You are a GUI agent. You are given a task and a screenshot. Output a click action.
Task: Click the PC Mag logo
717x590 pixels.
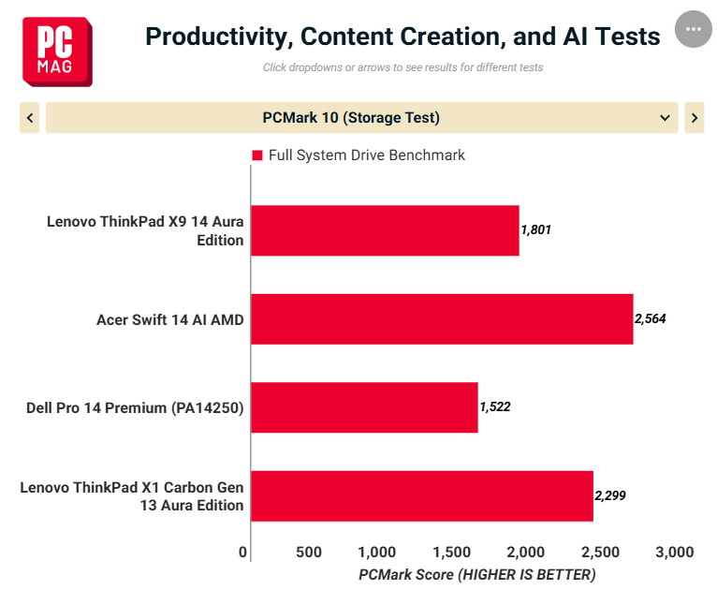click(x=57, y=52)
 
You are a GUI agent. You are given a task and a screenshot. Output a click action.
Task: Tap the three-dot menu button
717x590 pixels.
click(x=694, y=29)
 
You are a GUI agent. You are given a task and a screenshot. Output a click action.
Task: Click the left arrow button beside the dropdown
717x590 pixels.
click(x=30, y=118)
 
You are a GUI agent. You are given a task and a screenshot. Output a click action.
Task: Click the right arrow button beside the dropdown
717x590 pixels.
click(x=695, y=118)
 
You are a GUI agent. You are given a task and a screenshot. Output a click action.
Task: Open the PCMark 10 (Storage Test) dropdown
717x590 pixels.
click(x=361, y=118)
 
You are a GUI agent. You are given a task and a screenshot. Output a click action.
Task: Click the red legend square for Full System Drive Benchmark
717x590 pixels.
click(x=257, y=155)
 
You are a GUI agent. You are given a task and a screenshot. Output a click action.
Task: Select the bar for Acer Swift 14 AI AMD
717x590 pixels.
click(x=442, y=319)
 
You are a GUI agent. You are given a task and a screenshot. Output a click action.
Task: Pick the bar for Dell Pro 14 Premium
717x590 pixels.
click(x=364, y=407)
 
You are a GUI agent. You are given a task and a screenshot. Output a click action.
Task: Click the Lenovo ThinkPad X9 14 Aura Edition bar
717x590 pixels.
click(x=385, y=230)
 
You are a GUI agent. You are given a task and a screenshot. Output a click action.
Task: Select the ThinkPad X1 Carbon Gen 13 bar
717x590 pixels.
click(x=422, y=496)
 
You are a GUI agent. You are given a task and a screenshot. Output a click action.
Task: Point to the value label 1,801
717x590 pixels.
click(x=536, y=229)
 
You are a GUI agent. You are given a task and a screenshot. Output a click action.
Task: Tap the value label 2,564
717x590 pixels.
click(x=651, y=318)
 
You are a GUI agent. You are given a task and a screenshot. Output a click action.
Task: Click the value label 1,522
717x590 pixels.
click(x=495, y=406)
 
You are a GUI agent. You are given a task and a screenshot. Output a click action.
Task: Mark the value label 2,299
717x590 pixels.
click(x=610, y=495)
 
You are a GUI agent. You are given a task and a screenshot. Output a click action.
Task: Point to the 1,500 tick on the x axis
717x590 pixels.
click(x=452, y=552)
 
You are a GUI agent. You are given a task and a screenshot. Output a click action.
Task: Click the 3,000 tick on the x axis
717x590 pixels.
click(x=675, y=552)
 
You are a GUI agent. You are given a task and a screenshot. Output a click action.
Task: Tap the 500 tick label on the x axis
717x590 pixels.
click(x=309, y=552)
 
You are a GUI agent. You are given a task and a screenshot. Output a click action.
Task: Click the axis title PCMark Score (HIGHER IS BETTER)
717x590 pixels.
click(x=477, y=574)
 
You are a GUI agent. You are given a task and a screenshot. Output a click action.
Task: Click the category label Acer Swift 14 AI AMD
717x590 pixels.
click(x=170, y=319)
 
